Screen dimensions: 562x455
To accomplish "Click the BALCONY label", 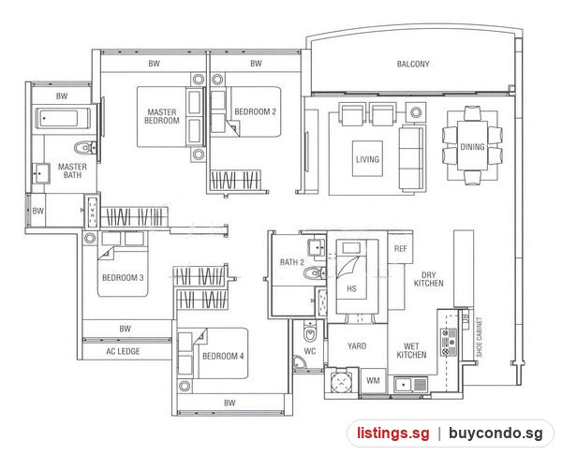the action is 413,64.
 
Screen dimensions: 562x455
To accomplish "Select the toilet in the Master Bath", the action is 85,147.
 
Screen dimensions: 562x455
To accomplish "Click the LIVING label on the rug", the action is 367,159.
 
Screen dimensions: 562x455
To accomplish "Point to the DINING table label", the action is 472,147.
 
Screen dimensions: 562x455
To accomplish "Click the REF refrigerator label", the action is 400,249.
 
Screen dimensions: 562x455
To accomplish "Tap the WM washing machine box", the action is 373,380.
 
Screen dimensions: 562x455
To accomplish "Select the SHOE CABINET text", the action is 480,337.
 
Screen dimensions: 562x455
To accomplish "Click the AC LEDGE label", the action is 123,351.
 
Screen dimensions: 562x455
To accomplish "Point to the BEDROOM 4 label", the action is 223,356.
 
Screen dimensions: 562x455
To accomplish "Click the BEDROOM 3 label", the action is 123,278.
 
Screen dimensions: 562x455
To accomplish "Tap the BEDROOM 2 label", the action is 255,111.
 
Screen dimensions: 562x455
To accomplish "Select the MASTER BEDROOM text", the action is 162,116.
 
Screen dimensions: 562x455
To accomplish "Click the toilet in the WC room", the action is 310,332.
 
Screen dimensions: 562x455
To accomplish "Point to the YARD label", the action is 357,346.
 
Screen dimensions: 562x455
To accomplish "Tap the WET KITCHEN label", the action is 411,351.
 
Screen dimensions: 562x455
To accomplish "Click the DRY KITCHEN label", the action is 429,279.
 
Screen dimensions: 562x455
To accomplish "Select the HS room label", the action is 351,288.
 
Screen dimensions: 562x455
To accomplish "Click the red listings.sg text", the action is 393,433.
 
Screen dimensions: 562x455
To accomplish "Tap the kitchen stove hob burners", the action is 449,343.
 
